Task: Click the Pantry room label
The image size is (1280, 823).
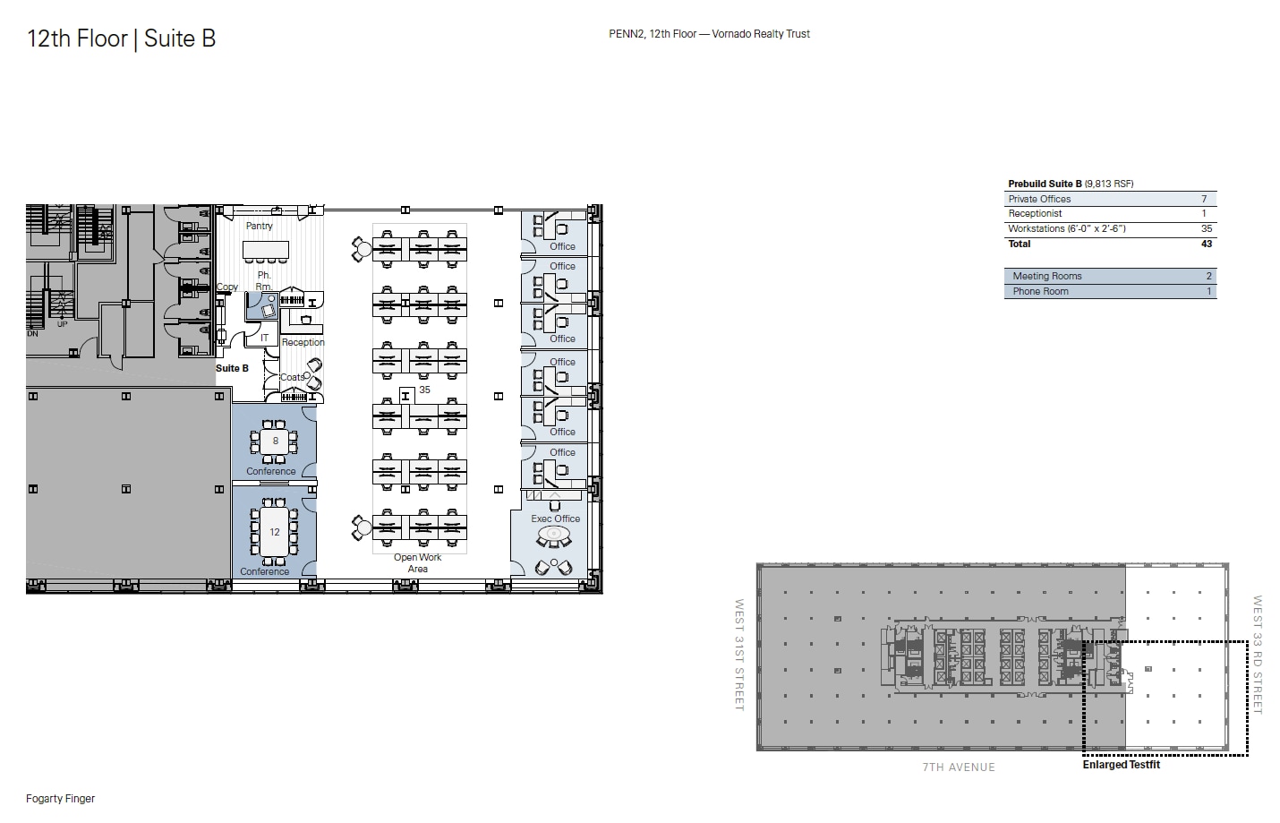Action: [259, 226]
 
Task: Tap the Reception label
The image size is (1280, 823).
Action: [303, 342]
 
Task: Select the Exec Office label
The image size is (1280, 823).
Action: [555, 519]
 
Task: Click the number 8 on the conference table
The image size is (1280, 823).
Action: [275, 441]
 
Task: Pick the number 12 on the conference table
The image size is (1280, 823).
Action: [275, 532]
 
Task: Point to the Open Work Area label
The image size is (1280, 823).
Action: [417, 562]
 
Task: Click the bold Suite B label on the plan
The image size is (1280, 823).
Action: [232, 368]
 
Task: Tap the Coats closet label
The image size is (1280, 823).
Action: [292, 377]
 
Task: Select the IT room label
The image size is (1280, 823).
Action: [264, 338]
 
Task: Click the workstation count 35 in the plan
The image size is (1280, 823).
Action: [424, 390]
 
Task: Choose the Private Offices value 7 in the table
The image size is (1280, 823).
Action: [1204, 199]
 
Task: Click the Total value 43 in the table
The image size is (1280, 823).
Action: [1206, 244]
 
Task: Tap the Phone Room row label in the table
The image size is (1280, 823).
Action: [1040, 291]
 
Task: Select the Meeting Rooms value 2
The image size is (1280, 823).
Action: [1208, 276]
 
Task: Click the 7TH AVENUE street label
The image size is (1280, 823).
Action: [958, 767]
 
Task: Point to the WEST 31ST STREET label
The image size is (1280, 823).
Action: [739, 655]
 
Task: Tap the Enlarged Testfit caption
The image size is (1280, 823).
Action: [1121, 765]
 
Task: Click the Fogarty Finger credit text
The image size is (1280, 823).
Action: [60, 798]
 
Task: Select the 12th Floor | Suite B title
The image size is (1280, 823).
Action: [121, 39]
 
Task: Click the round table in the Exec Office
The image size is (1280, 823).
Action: [553, 536]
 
